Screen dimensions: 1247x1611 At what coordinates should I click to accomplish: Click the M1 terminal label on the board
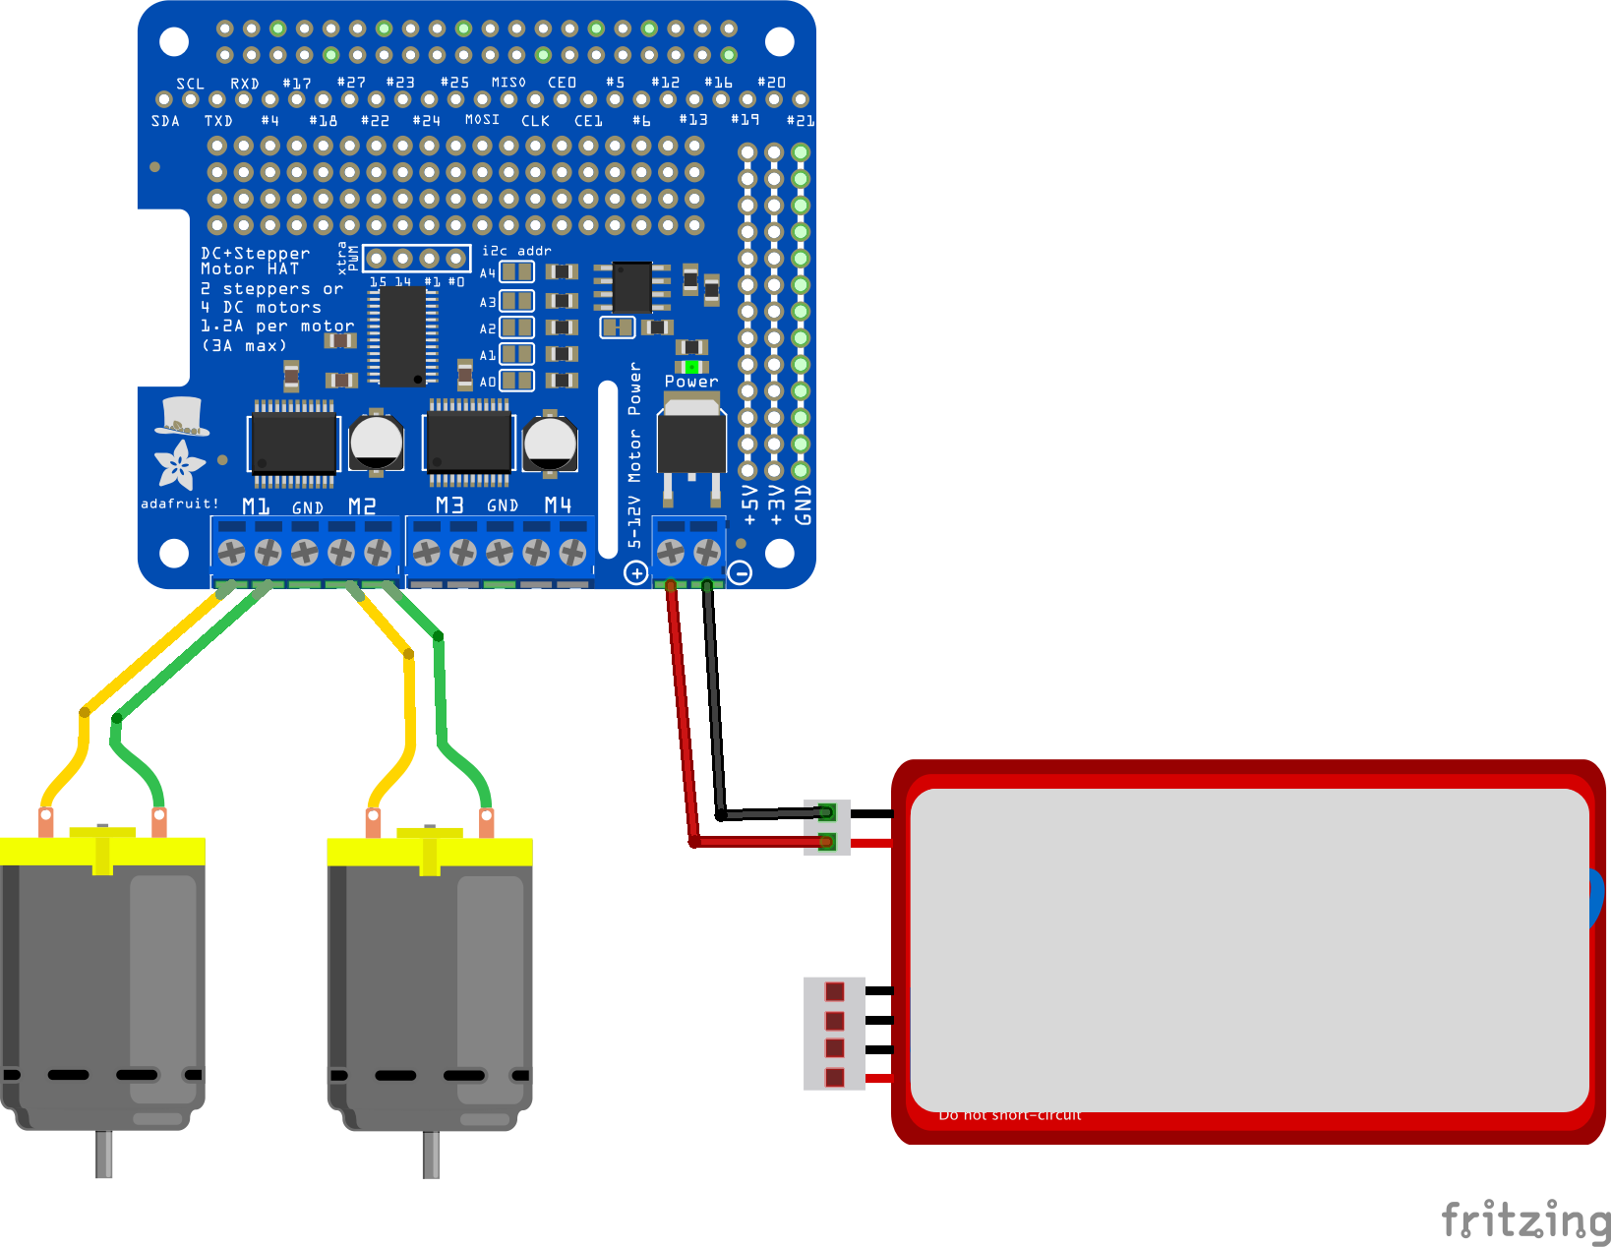point(256,505)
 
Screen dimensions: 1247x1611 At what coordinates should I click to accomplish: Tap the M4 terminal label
point(558,505)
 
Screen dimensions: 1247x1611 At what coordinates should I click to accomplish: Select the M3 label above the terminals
point(449,505)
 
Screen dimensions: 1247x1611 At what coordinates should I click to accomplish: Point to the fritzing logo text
point(1524,1220)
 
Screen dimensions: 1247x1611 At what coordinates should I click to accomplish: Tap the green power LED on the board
point(691,367)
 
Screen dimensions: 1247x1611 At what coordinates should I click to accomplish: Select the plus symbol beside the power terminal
point(636,572)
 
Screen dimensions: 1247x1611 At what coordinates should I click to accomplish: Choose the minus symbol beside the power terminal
point(741,572)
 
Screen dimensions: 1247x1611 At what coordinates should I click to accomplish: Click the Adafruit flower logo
point(179,464)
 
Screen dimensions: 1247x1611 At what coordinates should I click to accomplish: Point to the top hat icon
point(181,416)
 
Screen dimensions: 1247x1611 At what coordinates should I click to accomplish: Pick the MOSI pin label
point(482,119)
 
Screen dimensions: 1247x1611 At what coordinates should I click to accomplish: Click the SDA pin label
point(165,121)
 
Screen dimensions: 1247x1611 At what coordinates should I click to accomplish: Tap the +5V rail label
point(750,505)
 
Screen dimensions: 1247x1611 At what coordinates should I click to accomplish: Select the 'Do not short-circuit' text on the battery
point(1010,1115)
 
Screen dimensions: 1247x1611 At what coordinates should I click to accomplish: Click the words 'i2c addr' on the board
point(516,251)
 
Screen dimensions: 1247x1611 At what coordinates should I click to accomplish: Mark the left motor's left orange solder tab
point(45,821)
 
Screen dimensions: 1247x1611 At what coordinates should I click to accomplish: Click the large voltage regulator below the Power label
point(691,438)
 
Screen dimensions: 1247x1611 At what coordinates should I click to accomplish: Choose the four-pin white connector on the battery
point(834,1034)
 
